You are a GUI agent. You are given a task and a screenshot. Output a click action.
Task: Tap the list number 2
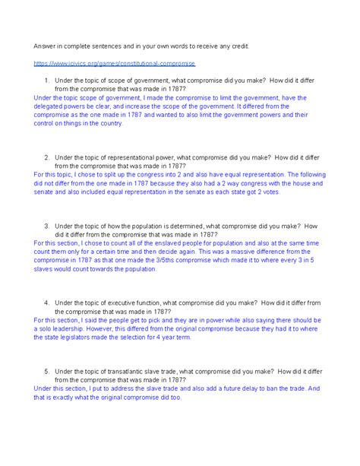point(47,157)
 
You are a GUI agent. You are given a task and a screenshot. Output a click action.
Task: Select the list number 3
point(47,226)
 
